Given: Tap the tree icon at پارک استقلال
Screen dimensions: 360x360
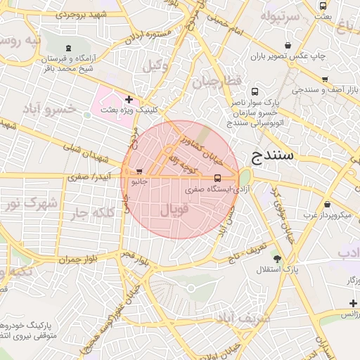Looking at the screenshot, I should point(277,258).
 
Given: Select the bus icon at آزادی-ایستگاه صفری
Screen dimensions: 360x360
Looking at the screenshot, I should point(217,178).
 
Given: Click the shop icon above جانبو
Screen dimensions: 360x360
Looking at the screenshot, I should point(139,171).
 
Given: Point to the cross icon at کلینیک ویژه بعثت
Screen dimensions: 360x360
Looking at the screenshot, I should point(129,99).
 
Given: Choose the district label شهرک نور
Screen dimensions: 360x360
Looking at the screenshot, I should point(31,204).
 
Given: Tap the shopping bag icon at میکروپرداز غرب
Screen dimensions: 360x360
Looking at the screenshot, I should point(327,204).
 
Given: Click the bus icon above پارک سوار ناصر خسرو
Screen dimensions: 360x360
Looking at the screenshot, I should point(254,91).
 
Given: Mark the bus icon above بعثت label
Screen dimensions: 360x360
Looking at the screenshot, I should point(323,6).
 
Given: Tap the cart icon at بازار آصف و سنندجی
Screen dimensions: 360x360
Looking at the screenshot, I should point(324,79).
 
